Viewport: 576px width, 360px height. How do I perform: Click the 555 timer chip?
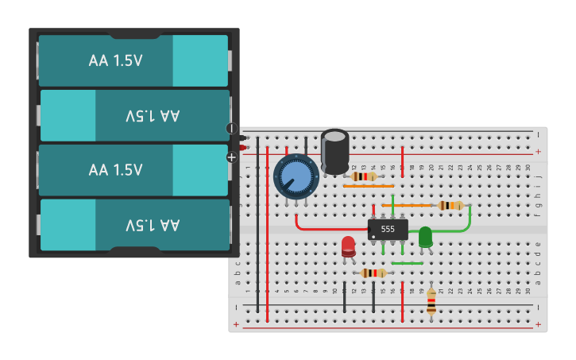388,229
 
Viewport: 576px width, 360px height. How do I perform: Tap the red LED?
348,246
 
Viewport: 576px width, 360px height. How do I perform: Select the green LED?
425,236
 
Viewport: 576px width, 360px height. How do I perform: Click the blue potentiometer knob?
296,176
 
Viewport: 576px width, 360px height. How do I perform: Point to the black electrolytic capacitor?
334,150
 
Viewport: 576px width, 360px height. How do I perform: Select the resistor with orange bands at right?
450,205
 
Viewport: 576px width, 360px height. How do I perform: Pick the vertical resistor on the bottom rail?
431,300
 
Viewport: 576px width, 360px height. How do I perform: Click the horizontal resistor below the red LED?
373,273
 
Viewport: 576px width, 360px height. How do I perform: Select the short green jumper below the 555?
407,263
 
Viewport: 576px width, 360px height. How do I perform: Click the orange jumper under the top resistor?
368,186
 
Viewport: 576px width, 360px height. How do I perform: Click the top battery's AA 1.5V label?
116,60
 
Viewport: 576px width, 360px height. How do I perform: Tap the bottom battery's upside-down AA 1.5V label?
153,224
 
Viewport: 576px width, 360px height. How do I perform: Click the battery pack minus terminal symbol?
232,128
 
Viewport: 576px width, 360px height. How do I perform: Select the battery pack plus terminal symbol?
232,157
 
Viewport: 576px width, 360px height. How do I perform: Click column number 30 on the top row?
528,168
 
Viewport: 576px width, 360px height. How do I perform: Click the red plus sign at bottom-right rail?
538,324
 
